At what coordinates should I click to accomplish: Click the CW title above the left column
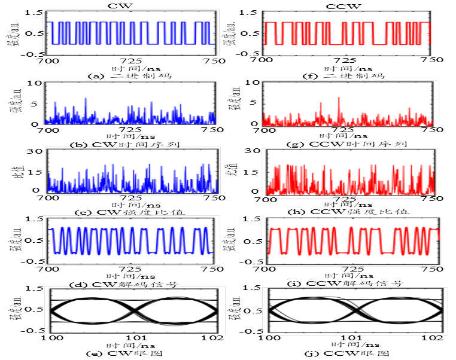[132, 5]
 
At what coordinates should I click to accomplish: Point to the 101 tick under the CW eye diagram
[133, 337]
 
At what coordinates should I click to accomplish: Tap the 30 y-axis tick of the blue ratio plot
[36, 151]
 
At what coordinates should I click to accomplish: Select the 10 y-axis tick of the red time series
[254, 84]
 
